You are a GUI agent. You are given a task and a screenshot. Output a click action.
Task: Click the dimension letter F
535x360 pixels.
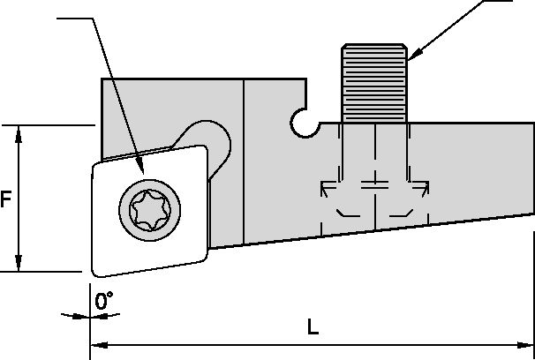(x=6, y=199)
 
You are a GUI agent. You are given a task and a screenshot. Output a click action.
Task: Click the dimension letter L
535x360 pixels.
(x=313, y=327)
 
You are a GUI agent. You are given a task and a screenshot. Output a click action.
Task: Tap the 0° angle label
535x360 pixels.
(x=105, y=303)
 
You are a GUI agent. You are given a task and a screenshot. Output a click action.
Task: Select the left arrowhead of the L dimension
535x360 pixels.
(x=96, y=343)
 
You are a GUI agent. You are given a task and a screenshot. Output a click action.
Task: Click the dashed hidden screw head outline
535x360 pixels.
(x=375, y=199)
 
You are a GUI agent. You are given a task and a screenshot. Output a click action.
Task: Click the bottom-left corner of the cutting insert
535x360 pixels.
(x=93, y=270)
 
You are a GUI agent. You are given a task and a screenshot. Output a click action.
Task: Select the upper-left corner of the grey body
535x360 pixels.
(x=103, y=80)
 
